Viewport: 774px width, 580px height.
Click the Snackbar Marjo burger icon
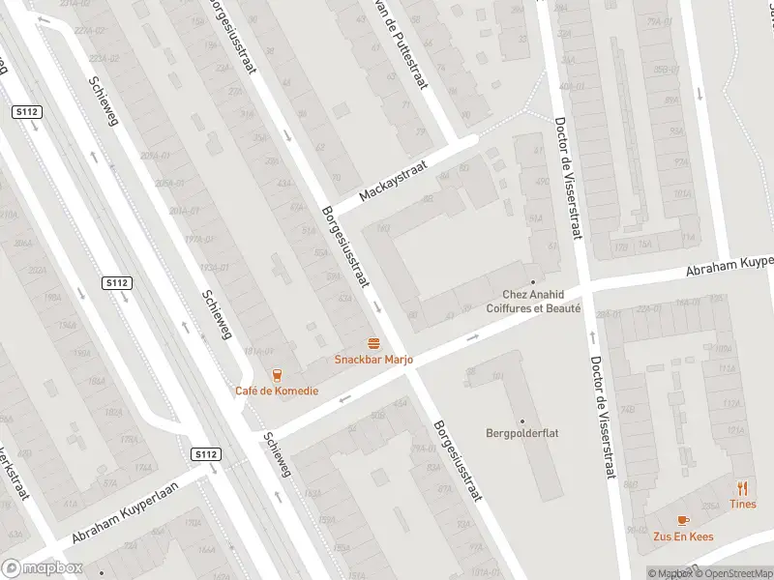(373, 343)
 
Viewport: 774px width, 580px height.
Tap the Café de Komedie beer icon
(277, 375)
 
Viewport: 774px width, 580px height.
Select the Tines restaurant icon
(743, 488)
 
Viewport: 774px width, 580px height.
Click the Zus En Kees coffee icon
(683, 520)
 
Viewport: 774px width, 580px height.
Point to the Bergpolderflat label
(522, 434)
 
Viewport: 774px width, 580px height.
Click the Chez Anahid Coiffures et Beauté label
(541, 302)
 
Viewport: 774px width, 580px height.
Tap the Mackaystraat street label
(393, 181)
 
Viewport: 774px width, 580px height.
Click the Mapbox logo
(42, 568)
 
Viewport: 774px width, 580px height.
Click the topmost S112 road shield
(26, 112)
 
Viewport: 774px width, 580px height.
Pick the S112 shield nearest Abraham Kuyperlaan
(205, 454)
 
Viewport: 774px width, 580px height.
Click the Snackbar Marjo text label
(373, 360)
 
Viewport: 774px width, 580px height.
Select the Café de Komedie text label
(276, 391)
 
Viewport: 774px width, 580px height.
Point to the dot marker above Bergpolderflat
(522, 420)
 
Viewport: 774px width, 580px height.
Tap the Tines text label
(743, 505)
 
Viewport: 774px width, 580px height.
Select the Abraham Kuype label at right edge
(730, 266)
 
